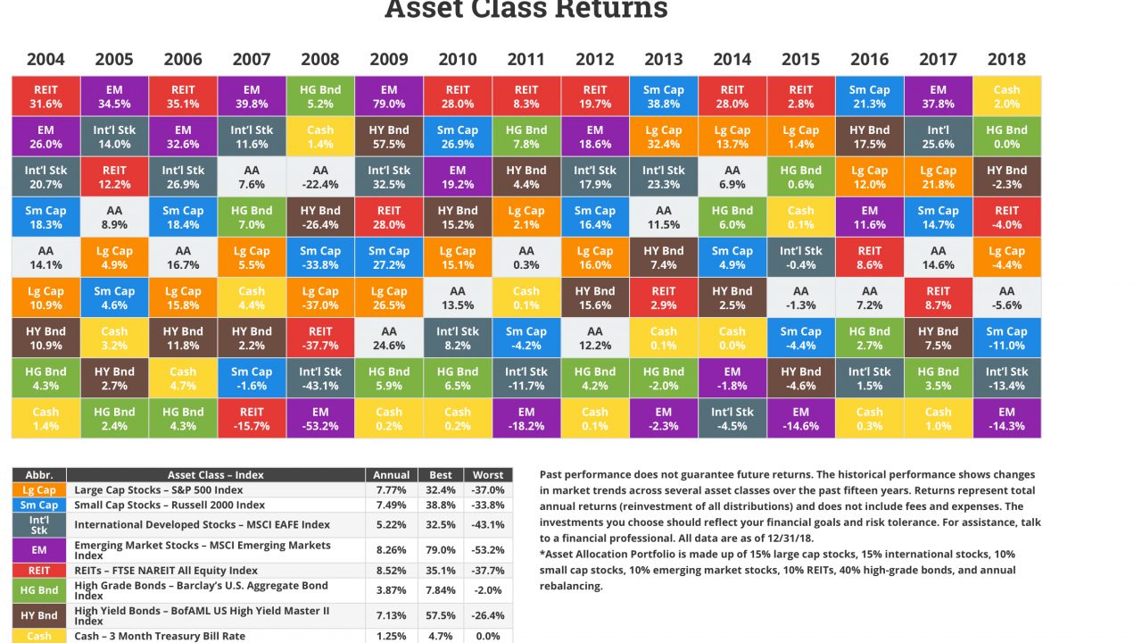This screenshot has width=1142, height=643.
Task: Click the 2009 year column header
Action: [389, 60]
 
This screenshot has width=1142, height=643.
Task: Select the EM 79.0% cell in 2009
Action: [389, 96]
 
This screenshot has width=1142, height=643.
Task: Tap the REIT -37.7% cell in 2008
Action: [320, 338]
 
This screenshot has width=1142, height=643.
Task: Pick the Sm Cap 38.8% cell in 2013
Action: [663, 96]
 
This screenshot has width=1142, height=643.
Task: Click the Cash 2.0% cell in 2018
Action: [1006, 96]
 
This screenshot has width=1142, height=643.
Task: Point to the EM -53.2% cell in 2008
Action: [320, 418]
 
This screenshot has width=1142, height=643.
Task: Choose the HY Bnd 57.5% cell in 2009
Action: [389, 137]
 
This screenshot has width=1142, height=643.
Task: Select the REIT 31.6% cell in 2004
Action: [46, 96]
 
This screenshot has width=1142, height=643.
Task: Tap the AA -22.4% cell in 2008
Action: [320, 177]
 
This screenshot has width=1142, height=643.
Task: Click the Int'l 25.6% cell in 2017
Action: [938, 137]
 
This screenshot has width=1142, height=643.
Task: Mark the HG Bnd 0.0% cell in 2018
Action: [1006, 137]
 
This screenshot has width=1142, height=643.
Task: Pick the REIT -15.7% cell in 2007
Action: [252, 418]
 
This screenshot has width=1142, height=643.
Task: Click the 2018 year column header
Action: [1006, 60]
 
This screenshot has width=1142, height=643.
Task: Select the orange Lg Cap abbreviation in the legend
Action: [39, 489]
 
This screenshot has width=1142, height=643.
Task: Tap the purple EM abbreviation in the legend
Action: [39, 550]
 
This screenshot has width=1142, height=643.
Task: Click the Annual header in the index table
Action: [392, 475]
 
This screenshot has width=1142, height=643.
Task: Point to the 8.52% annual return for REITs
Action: [392, 571]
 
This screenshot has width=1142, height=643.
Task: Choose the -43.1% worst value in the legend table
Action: [489, 524]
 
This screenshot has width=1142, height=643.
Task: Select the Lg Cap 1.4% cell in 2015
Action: [800, 137]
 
